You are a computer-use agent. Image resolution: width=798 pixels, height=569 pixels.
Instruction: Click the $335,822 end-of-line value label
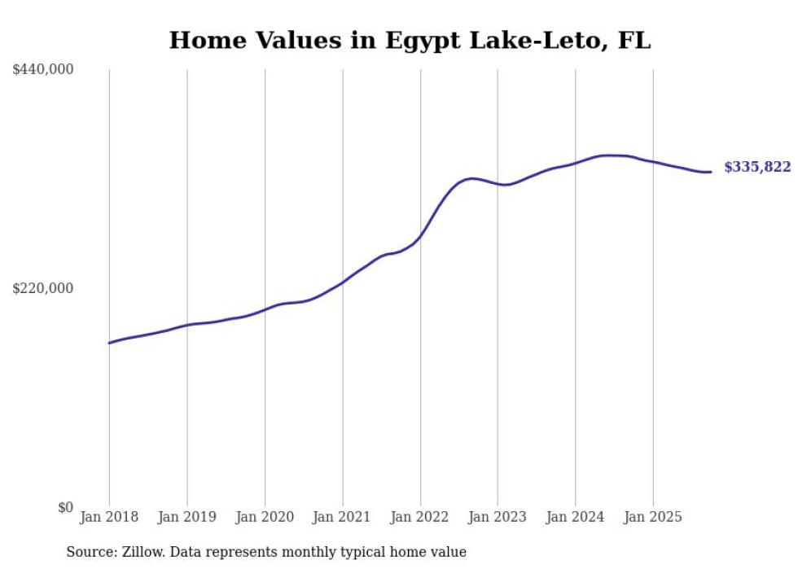pyautogui.click(x=756, y=167)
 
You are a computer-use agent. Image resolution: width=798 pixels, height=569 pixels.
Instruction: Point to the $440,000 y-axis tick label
pyautogui.click(x=43, y=70)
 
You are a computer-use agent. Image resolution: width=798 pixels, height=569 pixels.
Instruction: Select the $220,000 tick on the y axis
pyautogui.click(x=43, y=288)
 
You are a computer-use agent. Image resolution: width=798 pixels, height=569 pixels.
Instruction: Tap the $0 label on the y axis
pyautogui.click(x=65, y=507)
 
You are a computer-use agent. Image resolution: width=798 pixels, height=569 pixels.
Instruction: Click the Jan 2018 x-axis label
pyautogui.click(x=109, y=517)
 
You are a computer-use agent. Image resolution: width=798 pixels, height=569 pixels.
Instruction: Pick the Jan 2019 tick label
pyautogui.click(x=186, y=517)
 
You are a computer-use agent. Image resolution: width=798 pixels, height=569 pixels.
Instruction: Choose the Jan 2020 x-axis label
pyautogui.click(x=265, y=517)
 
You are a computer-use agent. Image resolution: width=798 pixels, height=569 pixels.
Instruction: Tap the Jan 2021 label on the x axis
pyautogui.click(x=342, y=517)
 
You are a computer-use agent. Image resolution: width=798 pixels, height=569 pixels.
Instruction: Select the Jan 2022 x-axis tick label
pyautogui.click(x=420, y=517)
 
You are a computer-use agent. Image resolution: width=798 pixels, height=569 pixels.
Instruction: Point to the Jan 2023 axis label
pyautogui.click(x=498, y=517)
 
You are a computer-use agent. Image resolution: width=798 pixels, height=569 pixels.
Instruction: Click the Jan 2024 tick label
pyautogui.click(x=575, y=517)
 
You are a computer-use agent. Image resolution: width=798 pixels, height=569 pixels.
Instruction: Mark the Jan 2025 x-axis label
pyautogui.click(x=652, y=517)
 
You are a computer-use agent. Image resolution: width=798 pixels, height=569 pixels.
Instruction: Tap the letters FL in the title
pyautogui.click(x=634, y=40)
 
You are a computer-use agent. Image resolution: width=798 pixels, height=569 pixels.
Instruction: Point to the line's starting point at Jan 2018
pyautogui.click(x=109, y=343)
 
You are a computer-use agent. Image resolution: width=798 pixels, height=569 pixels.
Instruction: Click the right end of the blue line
pyautogui.click(x=711, y=172)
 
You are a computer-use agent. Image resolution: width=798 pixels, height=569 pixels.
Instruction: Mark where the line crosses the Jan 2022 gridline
pyautogui.click(x=420, y=237)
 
